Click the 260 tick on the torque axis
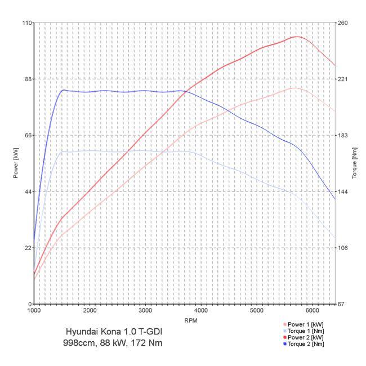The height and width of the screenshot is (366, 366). click(x=343, y=23)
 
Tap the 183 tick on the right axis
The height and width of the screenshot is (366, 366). click(x=343, y=135)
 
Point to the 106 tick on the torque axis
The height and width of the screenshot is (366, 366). click(x=343, y=248)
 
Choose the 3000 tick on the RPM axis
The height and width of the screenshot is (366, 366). click(x=145, y=311)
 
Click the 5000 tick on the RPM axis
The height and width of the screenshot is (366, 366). click(x=257, y=311)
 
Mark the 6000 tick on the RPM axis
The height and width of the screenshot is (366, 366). click(x=313, y=311)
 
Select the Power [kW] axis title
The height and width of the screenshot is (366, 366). click(x=16, y=163)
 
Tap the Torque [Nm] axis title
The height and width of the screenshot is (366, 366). click(x=355, y=163)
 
